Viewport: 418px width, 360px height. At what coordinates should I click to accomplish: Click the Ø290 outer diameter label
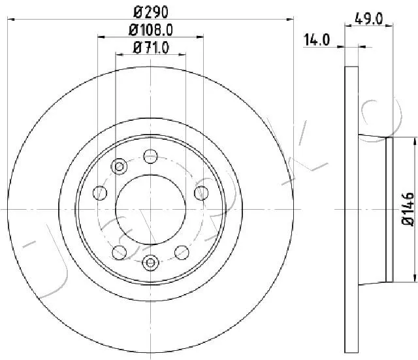(x=151, y=12)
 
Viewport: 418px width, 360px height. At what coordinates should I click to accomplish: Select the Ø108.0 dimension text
(x=151, y=30)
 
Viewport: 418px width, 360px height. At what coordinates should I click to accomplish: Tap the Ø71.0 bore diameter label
(x=151, y=48)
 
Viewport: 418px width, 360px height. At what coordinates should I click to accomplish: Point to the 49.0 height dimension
(x=368, y=19)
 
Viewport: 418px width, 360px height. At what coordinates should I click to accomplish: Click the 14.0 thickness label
(x=317, y=40)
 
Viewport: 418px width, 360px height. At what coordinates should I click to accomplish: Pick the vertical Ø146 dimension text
(x=408, y=210)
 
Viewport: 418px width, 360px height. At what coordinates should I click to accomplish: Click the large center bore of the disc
(x=151, y=210)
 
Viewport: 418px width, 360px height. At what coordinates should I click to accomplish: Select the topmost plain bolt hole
(x=151, y=156)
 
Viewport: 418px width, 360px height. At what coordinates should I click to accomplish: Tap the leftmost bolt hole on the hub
(x=100, y=193)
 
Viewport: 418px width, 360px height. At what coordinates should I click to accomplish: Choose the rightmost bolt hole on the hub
(x=201, y=193)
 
